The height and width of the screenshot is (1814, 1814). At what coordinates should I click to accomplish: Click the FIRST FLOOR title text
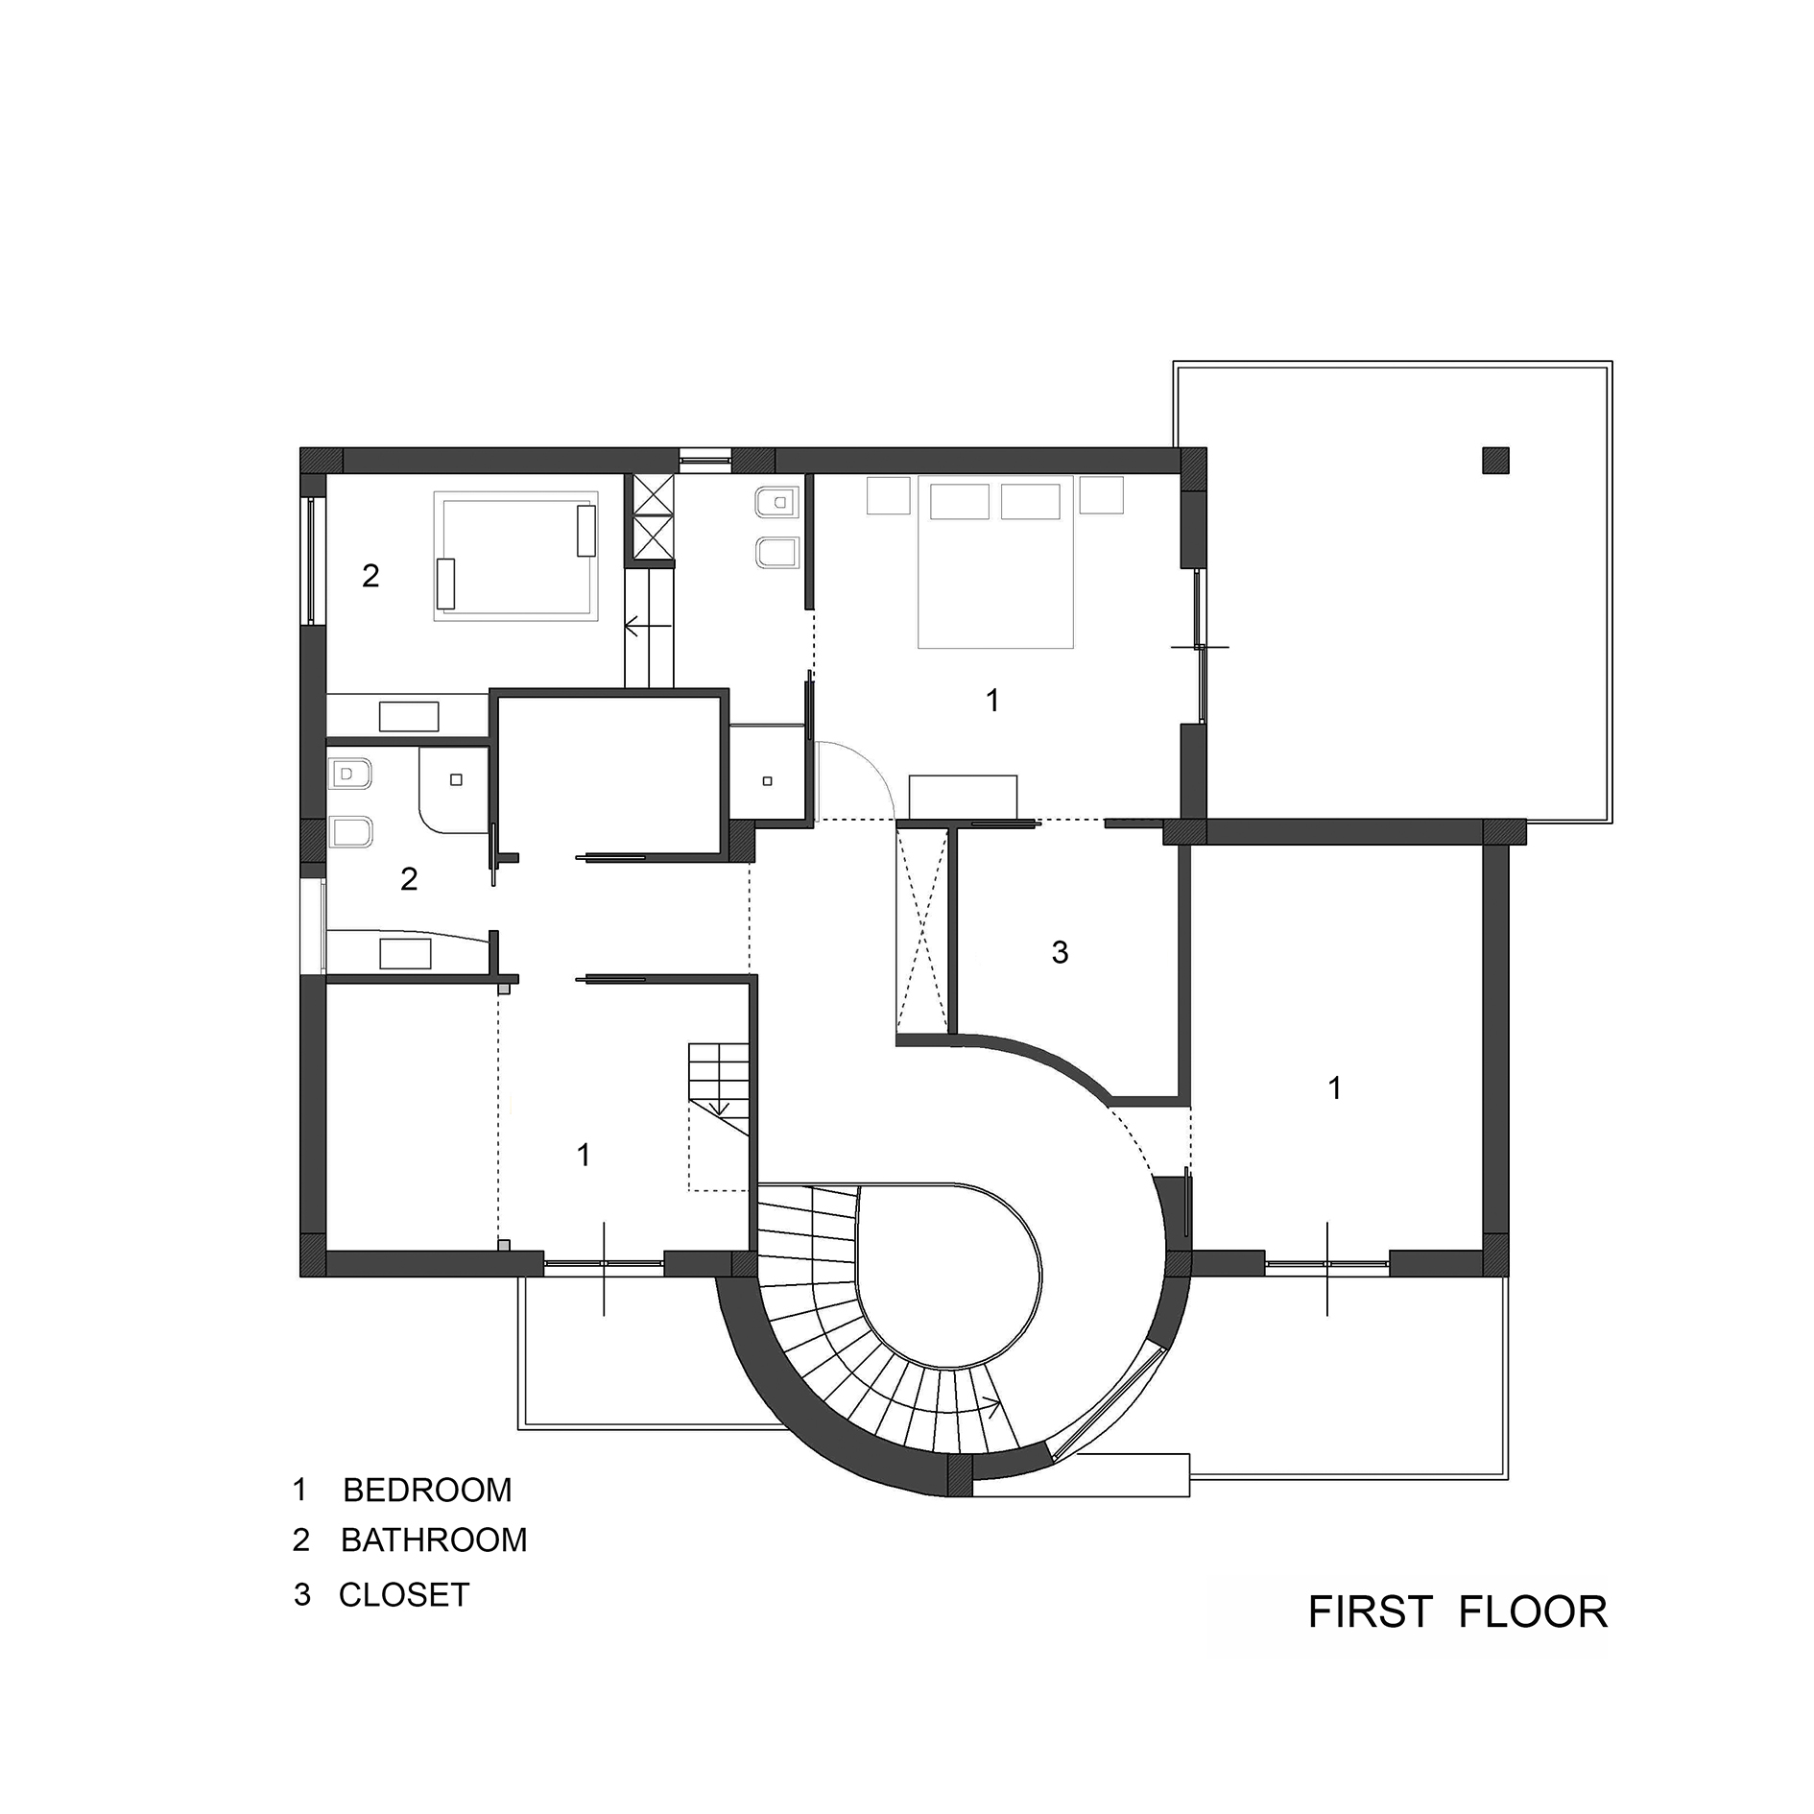tap(1457, 1611)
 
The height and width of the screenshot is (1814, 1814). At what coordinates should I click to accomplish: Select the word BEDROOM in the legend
tap(427, 1490)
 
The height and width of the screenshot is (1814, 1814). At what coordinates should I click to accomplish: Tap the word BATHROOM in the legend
tap(434, 1540)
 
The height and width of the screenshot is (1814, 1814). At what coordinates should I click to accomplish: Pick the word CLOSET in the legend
tap(404, 1595)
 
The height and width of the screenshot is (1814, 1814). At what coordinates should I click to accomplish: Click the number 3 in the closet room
tap(1060, 952)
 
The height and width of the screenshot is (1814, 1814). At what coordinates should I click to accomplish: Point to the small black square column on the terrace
tap(1495, 461)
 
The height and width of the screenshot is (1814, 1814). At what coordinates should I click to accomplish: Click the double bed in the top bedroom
tap(994, 561)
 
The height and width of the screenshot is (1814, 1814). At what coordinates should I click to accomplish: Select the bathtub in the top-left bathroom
tap(515, 555)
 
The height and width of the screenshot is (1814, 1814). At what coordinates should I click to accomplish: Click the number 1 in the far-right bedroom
tap(1334, 1087)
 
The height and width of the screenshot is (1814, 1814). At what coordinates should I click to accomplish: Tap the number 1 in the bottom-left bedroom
tap(584, 1155)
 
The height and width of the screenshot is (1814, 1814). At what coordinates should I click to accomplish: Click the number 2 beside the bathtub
tap(370, 576)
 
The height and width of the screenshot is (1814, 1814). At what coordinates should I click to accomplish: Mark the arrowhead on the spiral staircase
tap(994, 1408)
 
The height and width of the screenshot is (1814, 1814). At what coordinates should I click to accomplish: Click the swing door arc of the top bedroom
tap(864, 768)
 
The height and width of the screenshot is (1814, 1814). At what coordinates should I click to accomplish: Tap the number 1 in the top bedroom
tap(992, 701)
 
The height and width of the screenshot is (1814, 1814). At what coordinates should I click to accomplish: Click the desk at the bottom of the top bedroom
tap(963, 797)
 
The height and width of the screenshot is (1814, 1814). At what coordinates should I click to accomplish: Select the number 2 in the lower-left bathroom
tap(409, 879)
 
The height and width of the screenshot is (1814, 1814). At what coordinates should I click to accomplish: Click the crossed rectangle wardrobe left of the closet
tap(921, 931)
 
